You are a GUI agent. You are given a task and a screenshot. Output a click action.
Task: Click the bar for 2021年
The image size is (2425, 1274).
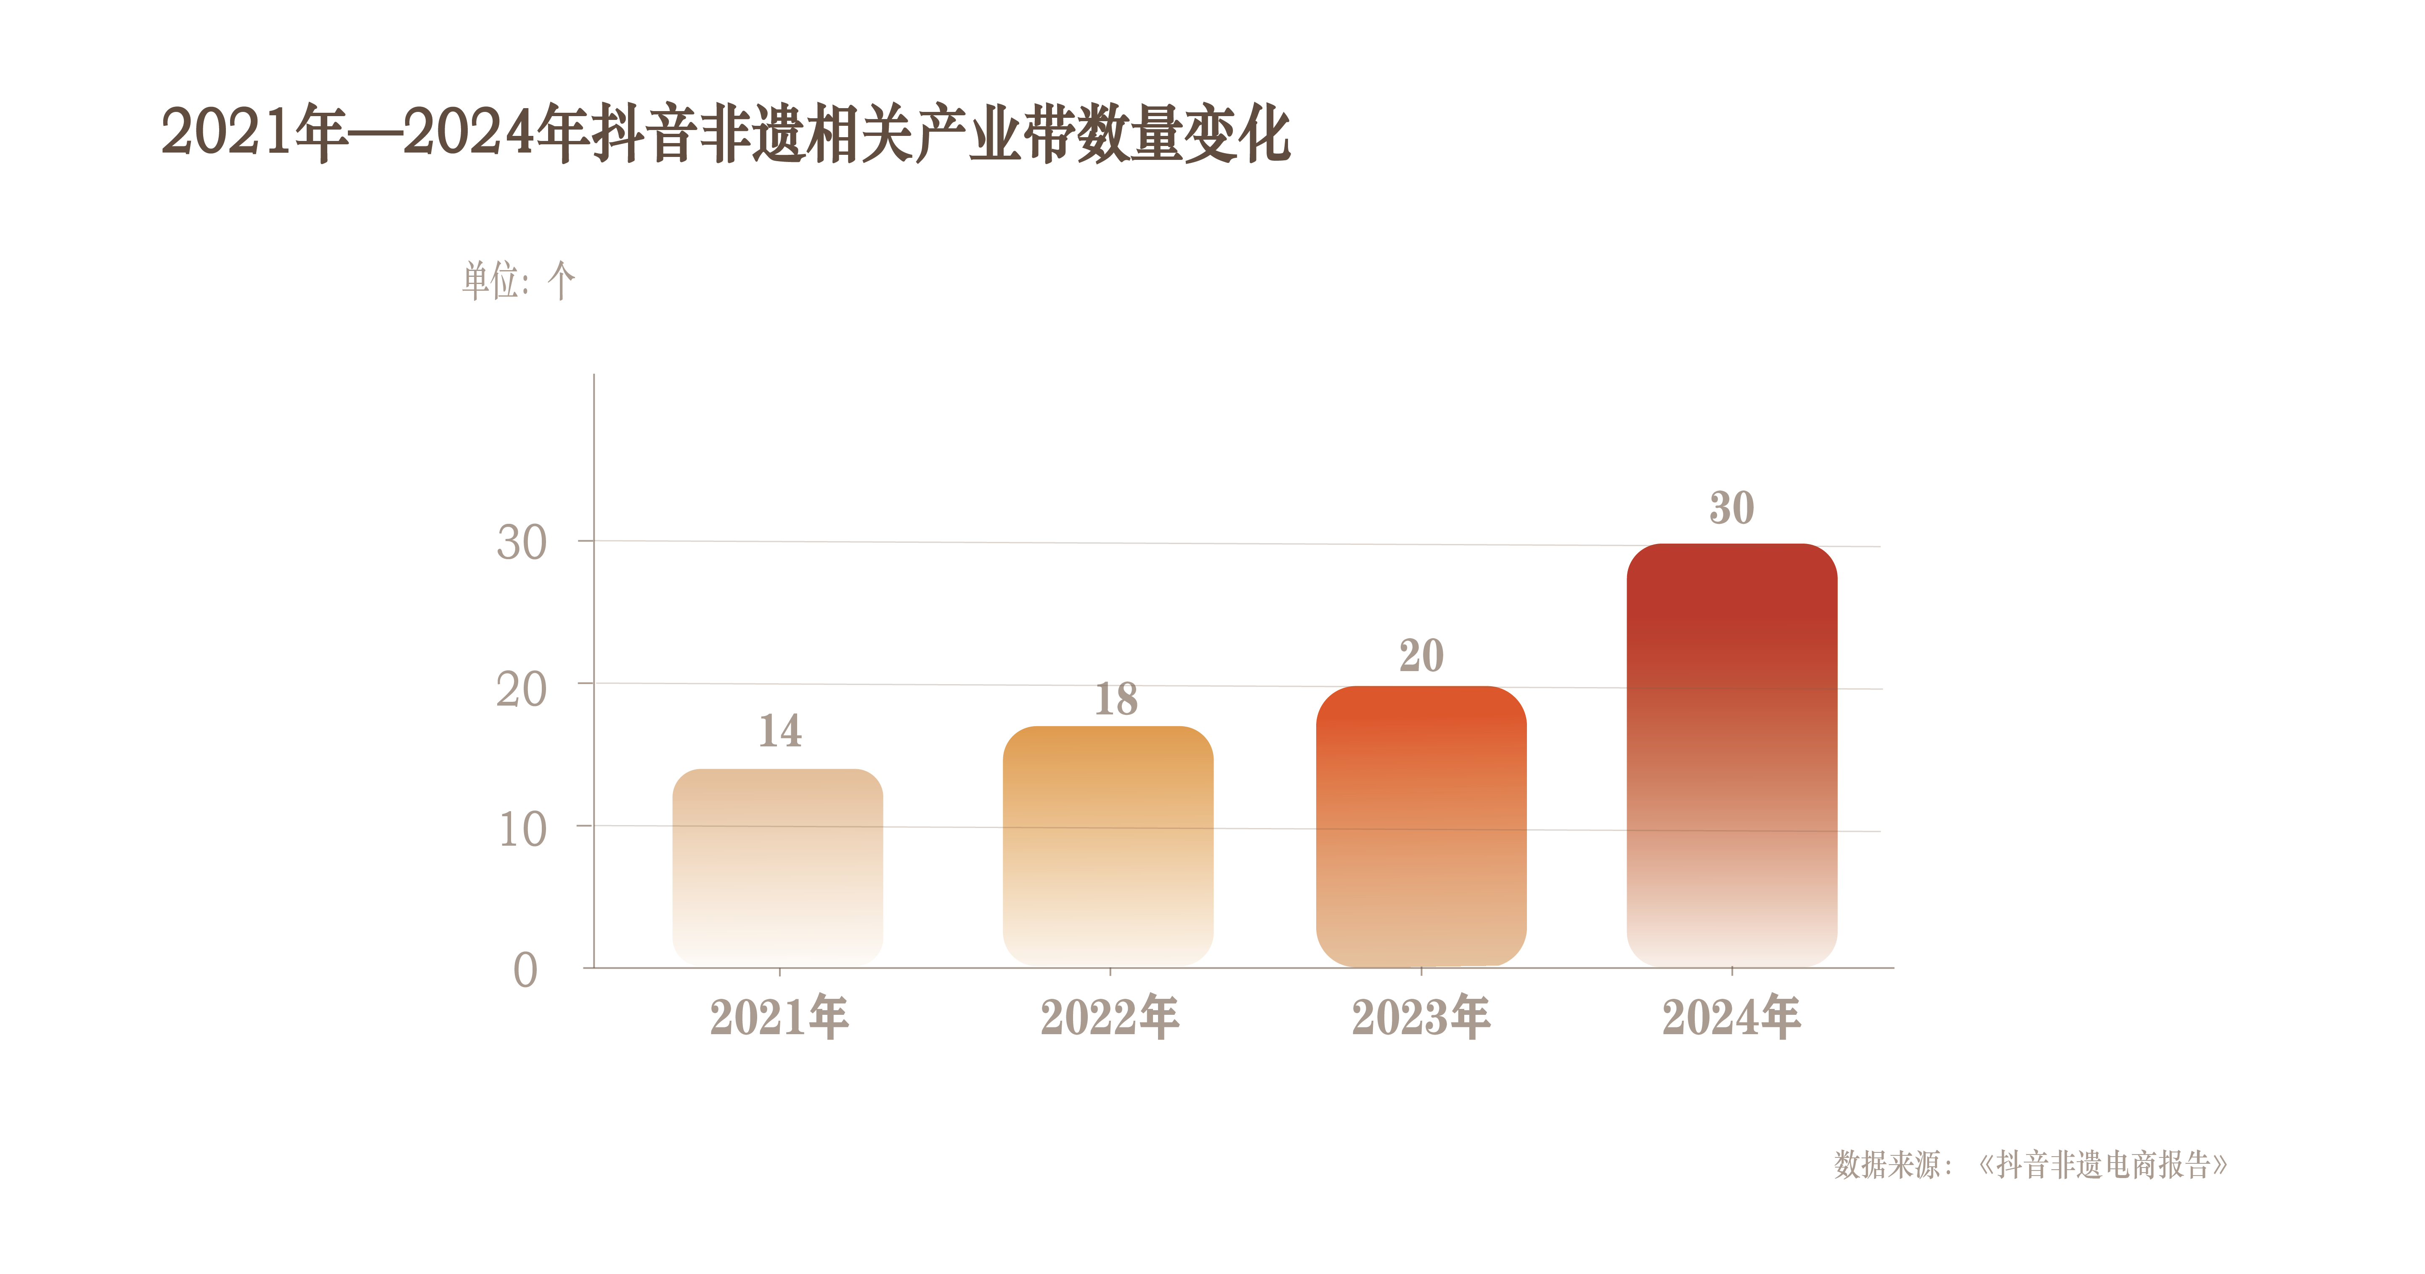pyautogui.click(x=778, y=866)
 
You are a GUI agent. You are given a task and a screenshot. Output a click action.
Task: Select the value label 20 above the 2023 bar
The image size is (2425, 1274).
pyautogui.click(x=1421, y=656)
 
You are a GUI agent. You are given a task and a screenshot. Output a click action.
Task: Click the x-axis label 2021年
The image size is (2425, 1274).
pyautogui.click(x=779, y=1017)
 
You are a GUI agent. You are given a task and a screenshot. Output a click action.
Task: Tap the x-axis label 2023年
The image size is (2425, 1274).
pyautogui.click(x=1421, y=1017)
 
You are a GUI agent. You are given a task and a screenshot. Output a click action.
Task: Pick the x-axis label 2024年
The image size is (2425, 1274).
pyautogui.click(x=1731, y=1017)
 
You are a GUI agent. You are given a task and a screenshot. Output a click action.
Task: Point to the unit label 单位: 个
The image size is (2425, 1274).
pyautogui.click(x=518, y=281)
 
